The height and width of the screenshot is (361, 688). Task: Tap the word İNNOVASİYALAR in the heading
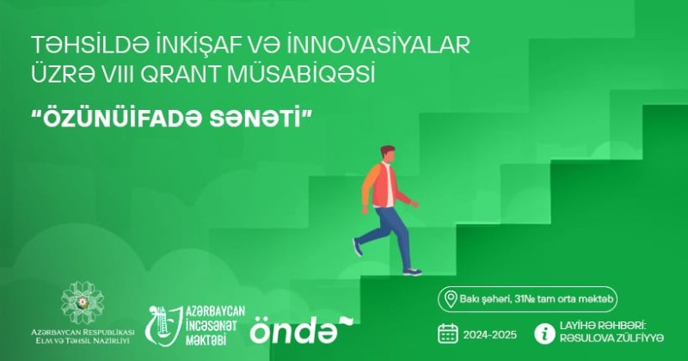tap(379, 46)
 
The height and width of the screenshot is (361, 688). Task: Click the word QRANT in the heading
tap(181, 75)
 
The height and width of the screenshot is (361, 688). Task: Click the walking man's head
tap(386, 155)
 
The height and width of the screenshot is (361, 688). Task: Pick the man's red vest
tap(384, 184)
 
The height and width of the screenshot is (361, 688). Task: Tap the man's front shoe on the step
tap(413, 272)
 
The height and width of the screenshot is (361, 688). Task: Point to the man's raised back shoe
tap(358, 248)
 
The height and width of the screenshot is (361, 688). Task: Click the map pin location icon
tap(451, 299)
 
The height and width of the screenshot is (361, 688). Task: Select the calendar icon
tap(447, 333)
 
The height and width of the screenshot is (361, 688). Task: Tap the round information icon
tap(544, 333)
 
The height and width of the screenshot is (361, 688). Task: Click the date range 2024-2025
tap(489, 335)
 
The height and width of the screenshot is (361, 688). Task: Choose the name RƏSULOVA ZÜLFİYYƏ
tap(611, 338)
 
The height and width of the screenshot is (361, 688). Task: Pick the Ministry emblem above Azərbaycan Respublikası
tap(83, 303)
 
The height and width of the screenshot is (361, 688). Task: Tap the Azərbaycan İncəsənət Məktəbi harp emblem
tap(163, 326)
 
